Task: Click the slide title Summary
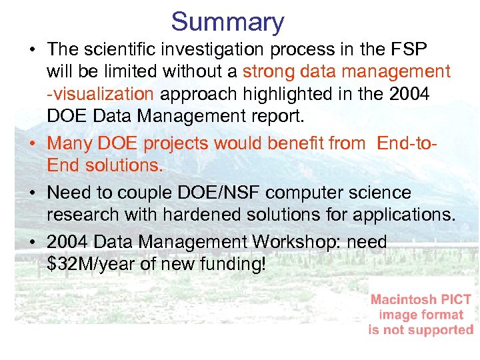pos(227,22)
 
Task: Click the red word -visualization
pos(100,94)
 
